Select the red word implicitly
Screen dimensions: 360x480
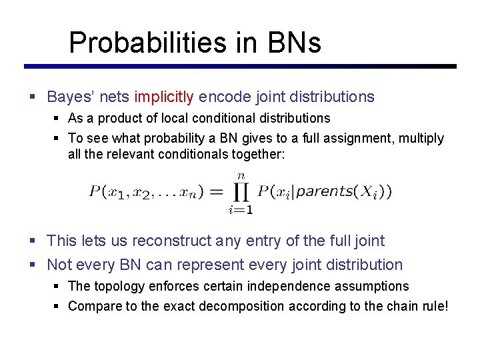(x=164, y=97)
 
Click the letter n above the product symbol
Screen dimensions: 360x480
(x=241, y=175)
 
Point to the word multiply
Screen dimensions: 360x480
(x=421, y=138)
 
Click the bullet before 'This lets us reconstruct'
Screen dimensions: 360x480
(x=33, y=241)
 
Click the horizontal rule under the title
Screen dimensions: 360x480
(x=240, y=66)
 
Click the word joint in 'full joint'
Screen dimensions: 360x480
(x=365, y=241)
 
